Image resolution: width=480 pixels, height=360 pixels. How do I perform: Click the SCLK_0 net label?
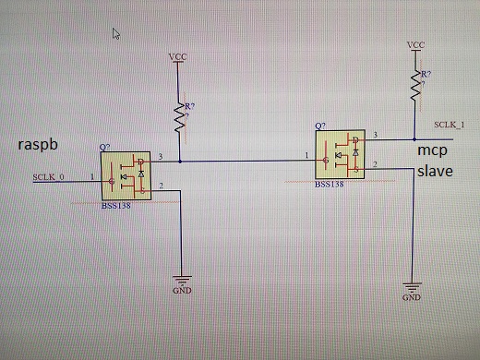tap(48, 177)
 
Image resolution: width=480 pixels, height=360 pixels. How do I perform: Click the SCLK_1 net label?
tap(450, 125)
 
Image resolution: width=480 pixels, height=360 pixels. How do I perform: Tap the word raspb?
tap(38, 145)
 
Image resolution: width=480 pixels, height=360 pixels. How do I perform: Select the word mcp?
tap(432, 150)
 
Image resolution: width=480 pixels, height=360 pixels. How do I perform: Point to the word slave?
tap(435, 171)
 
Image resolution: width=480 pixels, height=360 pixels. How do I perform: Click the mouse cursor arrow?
tap(116, 34)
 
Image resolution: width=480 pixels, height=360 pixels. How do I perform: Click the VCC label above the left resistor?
tap(177, 57)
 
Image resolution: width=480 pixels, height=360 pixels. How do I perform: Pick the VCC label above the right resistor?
tap(415, 45)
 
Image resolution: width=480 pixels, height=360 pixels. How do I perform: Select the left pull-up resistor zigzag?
tap(180, 119)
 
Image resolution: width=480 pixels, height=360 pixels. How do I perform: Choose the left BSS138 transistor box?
tap(126, 175)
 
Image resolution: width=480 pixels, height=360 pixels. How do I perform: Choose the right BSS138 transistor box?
tap(341, 154)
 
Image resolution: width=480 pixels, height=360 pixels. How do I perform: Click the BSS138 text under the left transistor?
tap(116, 206)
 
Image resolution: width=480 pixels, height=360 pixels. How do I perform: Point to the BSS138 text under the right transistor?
tap(330, 185)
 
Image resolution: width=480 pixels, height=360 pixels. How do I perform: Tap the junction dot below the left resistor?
tap(180, 162)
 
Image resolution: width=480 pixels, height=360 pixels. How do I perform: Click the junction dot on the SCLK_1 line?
tap(414, 139)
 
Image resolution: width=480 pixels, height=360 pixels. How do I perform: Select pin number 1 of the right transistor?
tap(306, 155)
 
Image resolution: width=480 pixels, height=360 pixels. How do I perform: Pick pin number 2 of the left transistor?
tap(161, 186)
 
